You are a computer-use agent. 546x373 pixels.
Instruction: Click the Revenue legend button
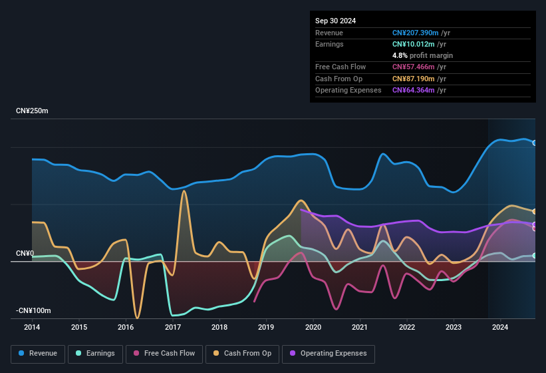click(x=38, y=354)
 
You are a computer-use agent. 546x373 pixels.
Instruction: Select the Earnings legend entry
click(x=95, y=354)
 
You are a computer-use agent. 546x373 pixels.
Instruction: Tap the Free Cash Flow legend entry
click(x=164, y=354)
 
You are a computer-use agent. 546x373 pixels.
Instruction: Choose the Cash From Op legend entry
click(x=241, y=354)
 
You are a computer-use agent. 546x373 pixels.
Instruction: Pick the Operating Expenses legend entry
click(x=328, y=354)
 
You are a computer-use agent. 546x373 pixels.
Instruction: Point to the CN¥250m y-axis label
click(x=33, y=111)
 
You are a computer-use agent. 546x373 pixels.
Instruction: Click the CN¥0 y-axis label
click(x=25, y=254)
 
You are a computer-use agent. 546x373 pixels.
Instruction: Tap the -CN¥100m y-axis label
click(x=35, y=311)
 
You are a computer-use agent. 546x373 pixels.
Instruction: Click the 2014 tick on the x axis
click(x=32, y=327)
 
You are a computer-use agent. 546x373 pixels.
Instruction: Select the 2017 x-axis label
click(x=173, y=327)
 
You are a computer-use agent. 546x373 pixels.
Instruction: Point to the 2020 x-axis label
click(x=313, y=327)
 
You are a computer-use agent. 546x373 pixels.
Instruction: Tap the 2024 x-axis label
click(x=500, y=327)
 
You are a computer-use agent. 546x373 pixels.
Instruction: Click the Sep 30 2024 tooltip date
click(x=335, y=21)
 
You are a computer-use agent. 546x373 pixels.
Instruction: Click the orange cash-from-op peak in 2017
click(x=184, y=191)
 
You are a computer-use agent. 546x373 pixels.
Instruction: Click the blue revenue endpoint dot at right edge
click(x=535, y=143)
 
